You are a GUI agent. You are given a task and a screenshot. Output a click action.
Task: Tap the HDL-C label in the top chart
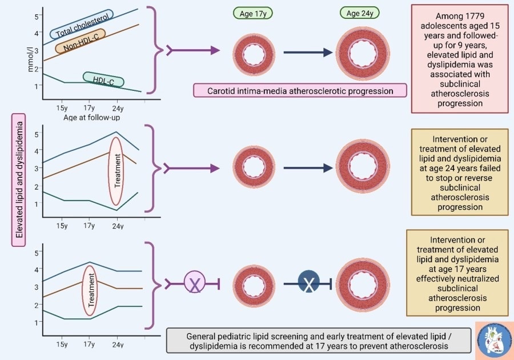coord(103,80)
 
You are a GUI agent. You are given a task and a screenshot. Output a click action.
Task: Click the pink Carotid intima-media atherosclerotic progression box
coord(300,90)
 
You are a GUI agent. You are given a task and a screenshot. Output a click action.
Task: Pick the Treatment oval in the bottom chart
coord(89,290)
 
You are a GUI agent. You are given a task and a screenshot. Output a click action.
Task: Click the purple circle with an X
coord(195,282)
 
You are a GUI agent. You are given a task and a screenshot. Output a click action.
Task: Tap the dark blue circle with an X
coord(309,282)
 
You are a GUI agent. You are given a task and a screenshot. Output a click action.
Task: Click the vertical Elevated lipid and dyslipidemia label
coord(19,179)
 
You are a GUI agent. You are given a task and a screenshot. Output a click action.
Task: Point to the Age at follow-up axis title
coord(88,117)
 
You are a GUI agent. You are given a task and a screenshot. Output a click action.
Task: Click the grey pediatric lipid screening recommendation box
coord(319,340)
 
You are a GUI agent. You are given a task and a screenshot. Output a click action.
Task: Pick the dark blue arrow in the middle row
coord(308,168)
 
